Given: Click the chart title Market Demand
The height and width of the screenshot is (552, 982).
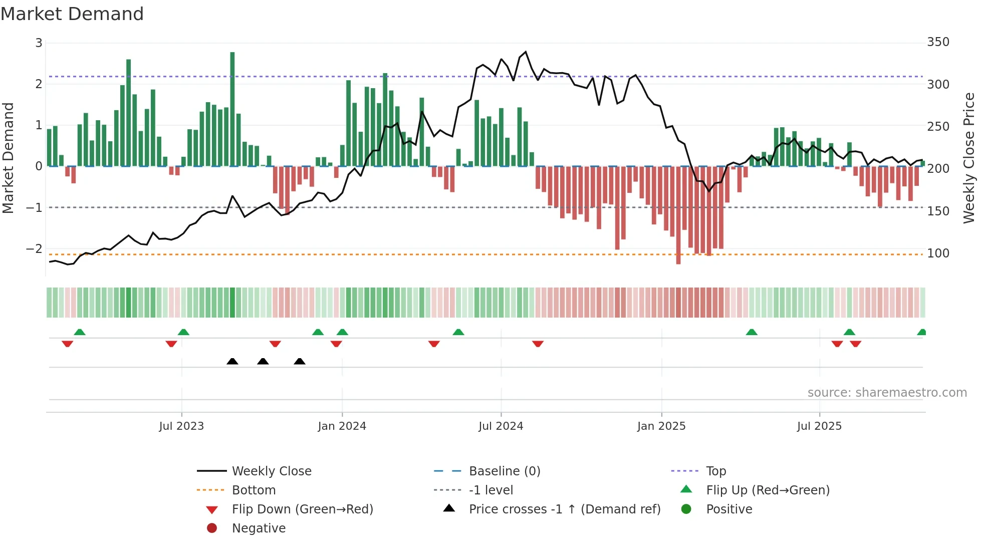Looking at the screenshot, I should coord(72,14).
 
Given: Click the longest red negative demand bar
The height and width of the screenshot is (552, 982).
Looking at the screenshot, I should coord(678,215).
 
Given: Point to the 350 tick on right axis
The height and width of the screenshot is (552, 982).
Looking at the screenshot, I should coord(938,42).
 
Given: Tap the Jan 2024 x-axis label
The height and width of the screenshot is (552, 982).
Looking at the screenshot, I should coord(342,426).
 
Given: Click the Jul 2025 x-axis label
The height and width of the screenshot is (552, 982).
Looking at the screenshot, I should coord(819,426).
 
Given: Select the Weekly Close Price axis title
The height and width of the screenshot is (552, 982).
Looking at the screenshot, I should coord(969,158).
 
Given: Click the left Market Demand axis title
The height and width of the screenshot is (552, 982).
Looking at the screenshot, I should coord(8,158).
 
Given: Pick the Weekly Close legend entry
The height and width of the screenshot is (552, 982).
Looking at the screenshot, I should coord(271,471).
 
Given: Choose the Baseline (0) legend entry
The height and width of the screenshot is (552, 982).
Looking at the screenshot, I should coord(504,471).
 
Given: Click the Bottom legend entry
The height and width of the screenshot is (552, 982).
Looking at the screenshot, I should coord(254,490).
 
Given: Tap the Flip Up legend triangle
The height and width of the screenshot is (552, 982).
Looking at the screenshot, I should coord(686,489).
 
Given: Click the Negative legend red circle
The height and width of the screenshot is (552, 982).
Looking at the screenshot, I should coord(212,528).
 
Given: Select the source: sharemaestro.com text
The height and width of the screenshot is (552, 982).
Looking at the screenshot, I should coord(887,393).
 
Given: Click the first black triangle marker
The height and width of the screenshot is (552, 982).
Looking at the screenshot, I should coord(232,361).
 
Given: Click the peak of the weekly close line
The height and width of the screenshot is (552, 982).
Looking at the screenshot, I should coord(526,52).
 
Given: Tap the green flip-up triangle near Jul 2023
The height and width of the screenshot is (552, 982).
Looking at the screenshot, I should coord(183,332).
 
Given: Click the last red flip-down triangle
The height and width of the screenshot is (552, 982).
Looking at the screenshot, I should coord(856,344).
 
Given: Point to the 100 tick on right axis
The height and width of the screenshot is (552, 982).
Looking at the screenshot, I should coord(938,253).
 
